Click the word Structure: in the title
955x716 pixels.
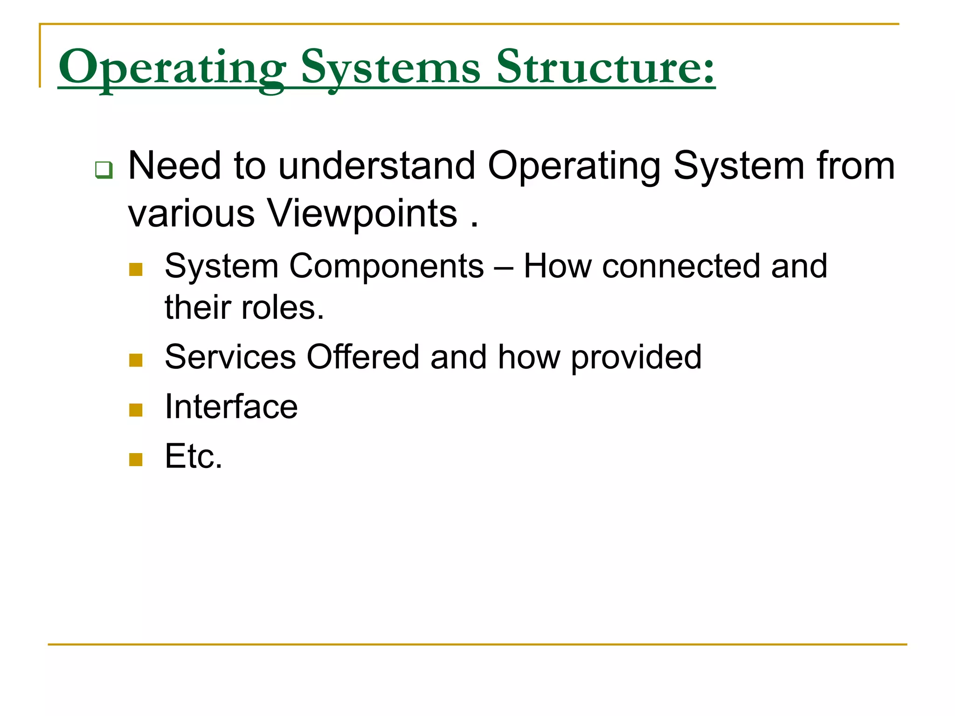pos(605,68)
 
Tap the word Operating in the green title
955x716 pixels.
pos(172,68)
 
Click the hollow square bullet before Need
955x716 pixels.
pos(104,169)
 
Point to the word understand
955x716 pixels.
pos(377,166)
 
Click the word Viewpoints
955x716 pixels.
pos(362,213)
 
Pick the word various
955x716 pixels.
pos(191,213)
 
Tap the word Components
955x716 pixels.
pos(387,266)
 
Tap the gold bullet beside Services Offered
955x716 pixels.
pos(136,360)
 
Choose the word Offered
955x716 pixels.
pos(363,357)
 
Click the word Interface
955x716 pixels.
pos(231,407)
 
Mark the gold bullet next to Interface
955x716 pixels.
pos(136,410)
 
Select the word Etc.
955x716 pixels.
pos(194,456)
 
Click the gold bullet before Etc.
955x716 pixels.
pos(136,460)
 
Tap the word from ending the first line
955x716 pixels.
pos(855,166)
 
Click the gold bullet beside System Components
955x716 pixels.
pos(136,269)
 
